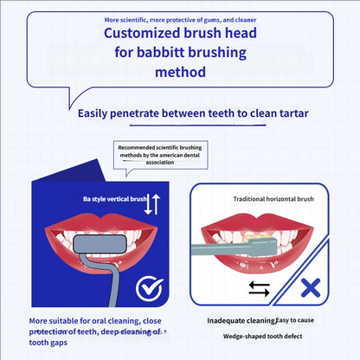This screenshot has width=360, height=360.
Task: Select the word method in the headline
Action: [180, 73]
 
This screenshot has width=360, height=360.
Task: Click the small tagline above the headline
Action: [180, 18]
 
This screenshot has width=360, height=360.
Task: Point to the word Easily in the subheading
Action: [96, 113]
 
